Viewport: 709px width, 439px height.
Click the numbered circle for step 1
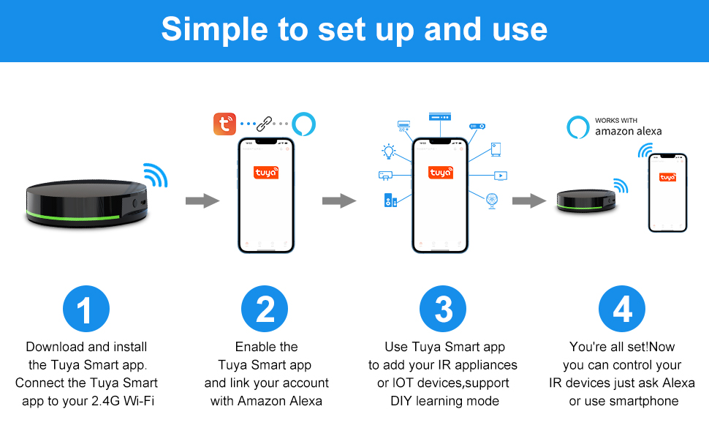pos(86,309)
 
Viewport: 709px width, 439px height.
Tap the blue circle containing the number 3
pos(443,309)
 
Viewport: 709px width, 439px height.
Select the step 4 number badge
pos(622,309)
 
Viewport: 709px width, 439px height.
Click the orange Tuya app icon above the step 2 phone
pos(224,124)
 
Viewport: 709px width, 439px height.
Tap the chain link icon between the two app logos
pos(264,124)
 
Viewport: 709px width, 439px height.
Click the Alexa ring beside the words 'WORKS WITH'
pos(578,127)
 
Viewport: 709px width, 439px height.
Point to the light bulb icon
pos(388,151)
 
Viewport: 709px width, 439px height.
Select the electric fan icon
pos(491,201)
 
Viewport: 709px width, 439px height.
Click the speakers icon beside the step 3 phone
pos(390,200)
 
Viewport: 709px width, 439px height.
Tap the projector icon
pos(477,127)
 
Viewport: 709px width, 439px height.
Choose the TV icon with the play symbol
pos(501,176)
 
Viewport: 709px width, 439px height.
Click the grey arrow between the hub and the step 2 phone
pos(202,200)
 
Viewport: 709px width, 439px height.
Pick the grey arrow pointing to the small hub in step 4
pos(528,200)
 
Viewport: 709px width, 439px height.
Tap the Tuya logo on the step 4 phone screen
pos(667,177)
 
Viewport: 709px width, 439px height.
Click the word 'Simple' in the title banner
pos(215,30)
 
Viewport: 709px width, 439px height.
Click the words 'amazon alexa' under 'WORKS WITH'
pos(628,131)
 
